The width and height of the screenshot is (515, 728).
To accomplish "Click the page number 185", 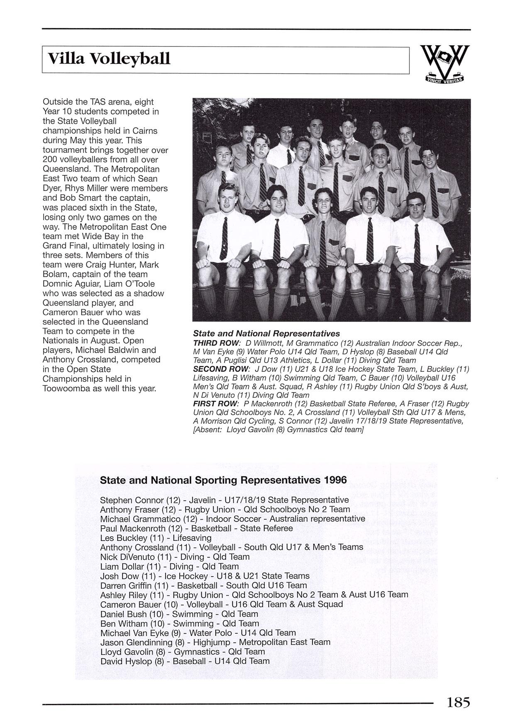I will pyautogui.click(x=458, y=702).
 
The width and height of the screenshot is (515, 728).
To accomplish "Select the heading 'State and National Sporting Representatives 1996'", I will pyautogui.click(x=223, y=480).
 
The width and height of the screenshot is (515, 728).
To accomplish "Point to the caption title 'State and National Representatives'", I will pyautogui.click(x=266, y=334).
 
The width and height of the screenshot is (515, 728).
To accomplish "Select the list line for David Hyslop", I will pyautogui.click(x=185, y=661).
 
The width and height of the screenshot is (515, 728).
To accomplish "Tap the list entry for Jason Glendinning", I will pyautogui.click(x=215, y=642).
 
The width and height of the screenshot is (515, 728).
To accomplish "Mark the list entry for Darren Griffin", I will pyautogui.click(x=204, y=585).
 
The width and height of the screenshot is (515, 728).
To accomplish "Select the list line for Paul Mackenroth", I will pyautogui.click(x=196, y=528).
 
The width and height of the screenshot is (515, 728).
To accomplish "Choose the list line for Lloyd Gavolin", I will pyautogui.click(x=183, y=652).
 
